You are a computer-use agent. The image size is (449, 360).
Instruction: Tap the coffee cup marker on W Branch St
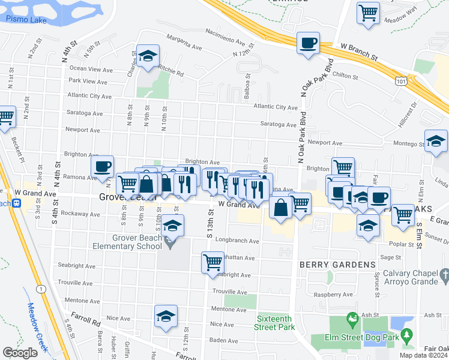pos(308,43)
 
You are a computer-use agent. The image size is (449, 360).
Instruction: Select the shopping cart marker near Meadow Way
pos(368,13)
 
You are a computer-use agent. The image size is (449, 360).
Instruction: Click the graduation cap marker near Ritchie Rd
pos(148,57)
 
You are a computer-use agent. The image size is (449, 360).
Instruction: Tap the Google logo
pos(20,353)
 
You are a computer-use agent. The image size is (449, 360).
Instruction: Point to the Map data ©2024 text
pos(423,355)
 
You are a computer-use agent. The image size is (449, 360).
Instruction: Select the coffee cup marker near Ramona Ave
pos(102,167)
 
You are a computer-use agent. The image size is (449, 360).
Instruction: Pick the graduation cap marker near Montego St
pos(436,141)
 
